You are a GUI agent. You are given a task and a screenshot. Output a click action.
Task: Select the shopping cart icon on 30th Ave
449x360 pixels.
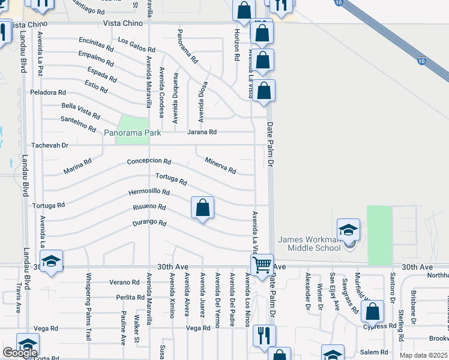coord(262,264)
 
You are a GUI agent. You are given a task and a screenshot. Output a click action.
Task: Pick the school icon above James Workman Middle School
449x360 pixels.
coord(348,230)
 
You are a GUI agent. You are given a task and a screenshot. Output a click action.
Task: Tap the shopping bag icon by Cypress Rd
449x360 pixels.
coord(373,312)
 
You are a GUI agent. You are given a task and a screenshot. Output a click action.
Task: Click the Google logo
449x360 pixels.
coord(20,352)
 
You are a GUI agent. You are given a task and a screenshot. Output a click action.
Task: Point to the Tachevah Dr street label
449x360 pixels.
coord(50,145)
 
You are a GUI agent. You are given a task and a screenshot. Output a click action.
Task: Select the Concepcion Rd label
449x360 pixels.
coord(149,162)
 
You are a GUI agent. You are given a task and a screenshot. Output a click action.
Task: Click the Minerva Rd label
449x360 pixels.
coord(220,164)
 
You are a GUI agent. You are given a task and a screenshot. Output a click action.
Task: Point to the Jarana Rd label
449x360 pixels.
coord(202,132)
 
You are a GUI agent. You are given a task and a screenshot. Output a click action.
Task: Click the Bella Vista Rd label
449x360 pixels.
coord(80,110)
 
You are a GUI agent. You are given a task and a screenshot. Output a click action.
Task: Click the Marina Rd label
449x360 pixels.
coord(77,166)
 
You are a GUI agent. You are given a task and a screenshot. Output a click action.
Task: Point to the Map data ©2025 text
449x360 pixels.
coord(423,355)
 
